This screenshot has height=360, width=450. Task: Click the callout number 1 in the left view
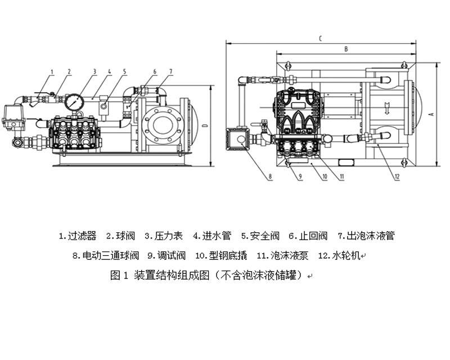tap(52, 71)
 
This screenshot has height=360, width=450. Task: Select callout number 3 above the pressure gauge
tap(94, 71)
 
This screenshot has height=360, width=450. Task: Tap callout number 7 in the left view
tap(170, 71)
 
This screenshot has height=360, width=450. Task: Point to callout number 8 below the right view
tap(270, 177)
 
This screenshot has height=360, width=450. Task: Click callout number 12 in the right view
tap(397, 177)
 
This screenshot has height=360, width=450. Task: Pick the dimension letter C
tap(319, 38)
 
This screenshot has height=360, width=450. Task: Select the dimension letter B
tap(345, 49)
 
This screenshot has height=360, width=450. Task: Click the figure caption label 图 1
tap(120, 276)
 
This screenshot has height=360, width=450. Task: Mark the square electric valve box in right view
tap(238, 138)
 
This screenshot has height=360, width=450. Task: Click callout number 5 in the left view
tap(124, 71)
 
